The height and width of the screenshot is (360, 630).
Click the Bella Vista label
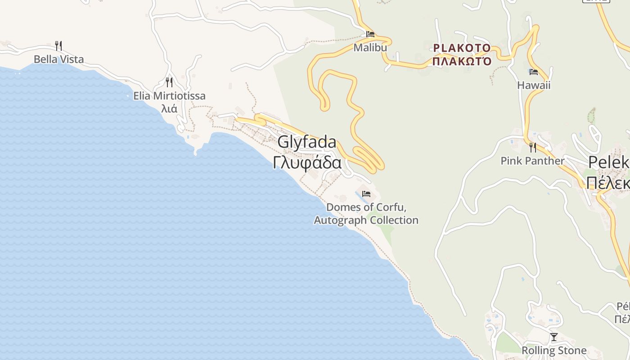pyautogui.click(x=58, y=59)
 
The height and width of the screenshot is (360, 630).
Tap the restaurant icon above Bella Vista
pyautogui.click(x=58, y=45)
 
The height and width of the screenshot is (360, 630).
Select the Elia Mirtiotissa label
pyautogui.click(x=169, y=95)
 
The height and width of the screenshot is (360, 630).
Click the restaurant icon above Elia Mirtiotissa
pyautogui.click(x=169, y=82)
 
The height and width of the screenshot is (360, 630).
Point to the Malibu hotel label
pyautogui.click(x=370, y=47)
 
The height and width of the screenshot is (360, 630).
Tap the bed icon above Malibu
pyautogui.click(x=370, y=34)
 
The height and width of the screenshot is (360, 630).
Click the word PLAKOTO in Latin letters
pyautogui.click(x=462, y=48)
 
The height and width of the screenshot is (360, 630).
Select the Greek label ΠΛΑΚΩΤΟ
pyautogui.click(x=462, y=61)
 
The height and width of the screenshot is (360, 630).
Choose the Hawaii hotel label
pyautogui.click(x=533, y=85)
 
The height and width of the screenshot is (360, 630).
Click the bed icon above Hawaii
pyautogui.click(x=534, y=72)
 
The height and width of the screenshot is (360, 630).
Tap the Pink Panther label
pyautogui.click(x=532, y=161)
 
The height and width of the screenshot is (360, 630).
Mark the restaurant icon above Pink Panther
pyautogui.click(x=533, y=147)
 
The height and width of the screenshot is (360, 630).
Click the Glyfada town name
pyautogui.click(x=307, y=142)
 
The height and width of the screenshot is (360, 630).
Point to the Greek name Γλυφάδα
pyautogui.click(x=307, y=162)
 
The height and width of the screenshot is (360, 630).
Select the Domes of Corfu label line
pyautogui.click(x=366, y=207)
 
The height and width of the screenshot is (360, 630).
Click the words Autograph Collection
pyautogui.click(x=366, y=220)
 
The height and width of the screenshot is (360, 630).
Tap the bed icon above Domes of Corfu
pyautogui.click(x=366, y=194)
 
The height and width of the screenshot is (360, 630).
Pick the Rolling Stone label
pyautogui.click(x=554, y=350)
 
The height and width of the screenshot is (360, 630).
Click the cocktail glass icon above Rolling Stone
pyautogui.click(x=554, y=337)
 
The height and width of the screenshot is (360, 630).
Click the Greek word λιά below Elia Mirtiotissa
pyautogui.click(x=169, y=108)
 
